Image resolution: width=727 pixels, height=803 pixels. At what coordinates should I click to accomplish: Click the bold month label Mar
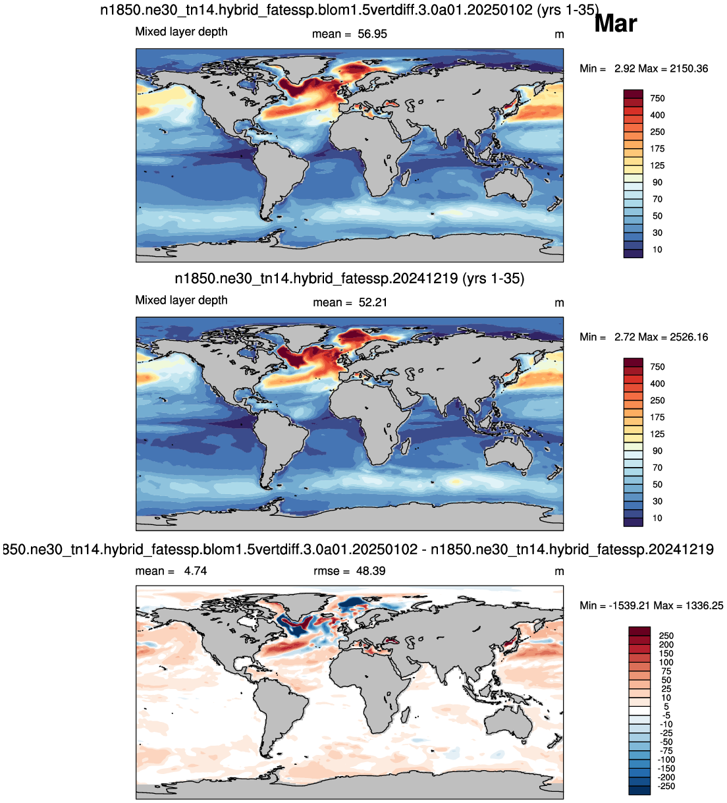[615, 24]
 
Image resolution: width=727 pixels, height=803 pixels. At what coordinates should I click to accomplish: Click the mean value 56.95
[372, 34]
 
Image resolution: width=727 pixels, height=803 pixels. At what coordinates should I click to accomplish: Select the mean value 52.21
[373, 302]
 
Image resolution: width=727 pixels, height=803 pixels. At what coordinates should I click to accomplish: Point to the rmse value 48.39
[371, 571]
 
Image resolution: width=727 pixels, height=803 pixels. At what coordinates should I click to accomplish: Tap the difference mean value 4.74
[196, 571]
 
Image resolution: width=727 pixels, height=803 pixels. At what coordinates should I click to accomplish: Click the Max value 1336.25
[704, 605]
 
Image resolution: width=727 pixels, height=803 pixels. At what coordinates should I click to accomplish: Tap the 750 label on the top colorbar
[657, 98]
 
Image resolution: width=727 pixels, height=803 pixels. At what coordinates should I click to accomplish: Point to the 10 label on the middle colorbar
[657, 518]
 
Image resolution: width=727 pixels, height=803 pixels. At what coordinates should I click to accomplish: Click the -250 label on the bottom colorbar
[666, 786]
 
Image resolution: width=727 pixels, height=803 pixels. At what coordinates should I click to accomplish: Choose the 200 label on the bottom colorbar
[666, 645]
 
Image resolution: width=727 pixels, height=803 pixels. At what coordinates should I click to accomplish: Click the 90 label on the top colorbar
[657, 182]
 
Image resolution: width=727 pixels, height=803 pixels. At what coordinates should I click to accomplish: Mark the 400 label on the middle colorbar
[657, 384]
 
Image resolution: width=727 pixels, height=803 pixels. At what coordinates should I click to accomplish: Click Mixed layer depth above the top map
[181, 32]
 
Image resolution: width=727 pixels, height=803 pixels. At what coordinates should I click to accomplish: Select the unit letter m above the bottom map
[559, 572]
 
